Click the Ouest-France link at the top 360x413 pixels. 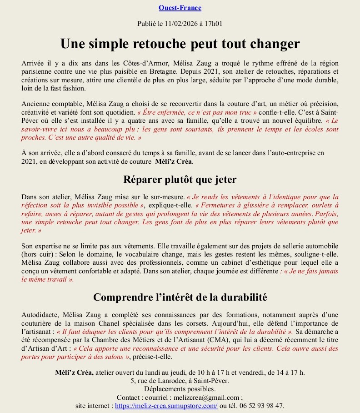click(180, 8)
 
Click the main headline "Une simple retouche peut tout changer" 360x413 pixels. click(180, 44)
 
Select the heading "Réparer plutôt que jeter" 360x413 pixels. click(180, 179)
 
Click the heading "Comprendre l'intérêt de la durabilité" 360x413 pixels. click(180, 297)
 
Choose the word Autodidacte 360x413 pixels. click(41, 315)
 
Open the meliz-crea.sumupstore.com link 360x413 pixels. click(166, 405)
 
